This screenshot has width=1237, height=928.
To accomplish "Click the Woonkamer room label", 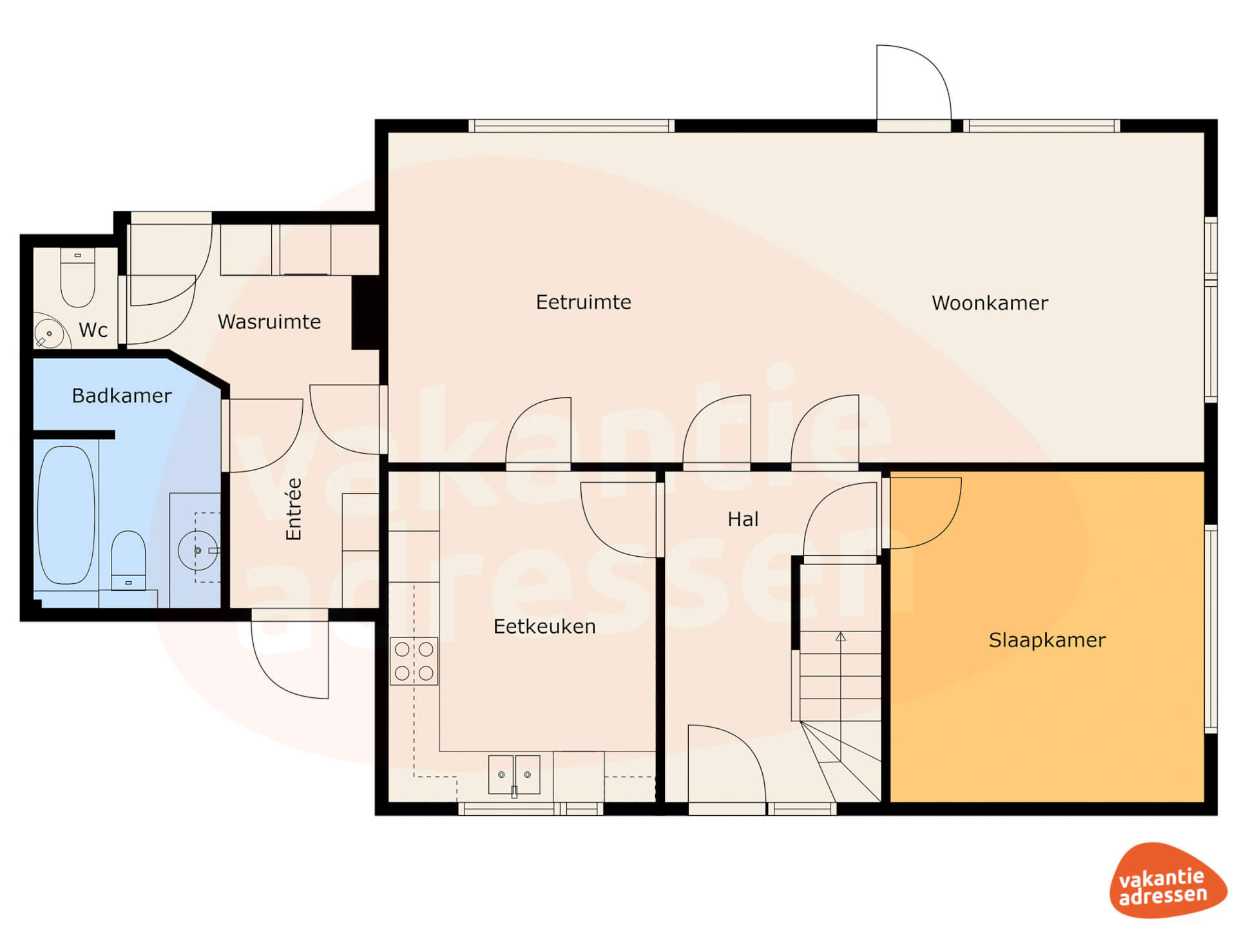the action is [x=990, y=303].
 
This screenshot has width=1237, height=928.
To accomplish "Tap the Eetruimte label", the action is [x=583, y=302].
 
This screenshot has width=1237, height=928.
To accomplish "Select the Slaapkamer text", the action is [x=1047, y=640].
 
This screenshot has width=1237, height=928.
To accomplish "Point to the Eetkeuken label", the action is [x=544, y=626].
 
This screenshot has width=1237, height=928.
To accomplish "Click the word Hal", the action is [x=743, y=519].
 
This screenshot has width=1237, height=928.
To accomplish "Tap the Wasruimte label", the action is [x=269, y=322].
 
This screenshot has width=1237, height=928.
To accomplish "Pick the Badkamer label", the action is [x=122, y=396].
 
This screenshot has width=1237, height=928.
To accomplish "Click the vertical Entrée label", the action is [x=294, y=509].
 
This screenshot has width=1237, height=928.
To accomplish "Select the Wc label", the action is [x=93, y=330].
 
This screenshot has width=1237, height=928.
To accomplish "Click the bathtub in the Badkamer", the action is [x=66, y=515].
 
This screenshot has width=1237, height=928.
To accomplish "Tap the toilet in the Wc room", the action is [x=77, y=278].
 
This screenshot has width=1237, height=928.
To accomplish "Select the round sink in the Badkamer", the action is [x=198, y=550].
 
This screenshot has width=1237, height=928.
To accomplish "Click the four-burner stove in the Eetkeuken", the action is [x=414, y=661].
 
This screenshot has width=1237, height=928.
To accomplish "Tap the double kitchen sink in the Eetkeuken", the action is [x=514, y=775].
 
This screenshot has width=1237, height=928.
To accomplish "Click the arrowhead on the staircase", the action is [x=841, y=637].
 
